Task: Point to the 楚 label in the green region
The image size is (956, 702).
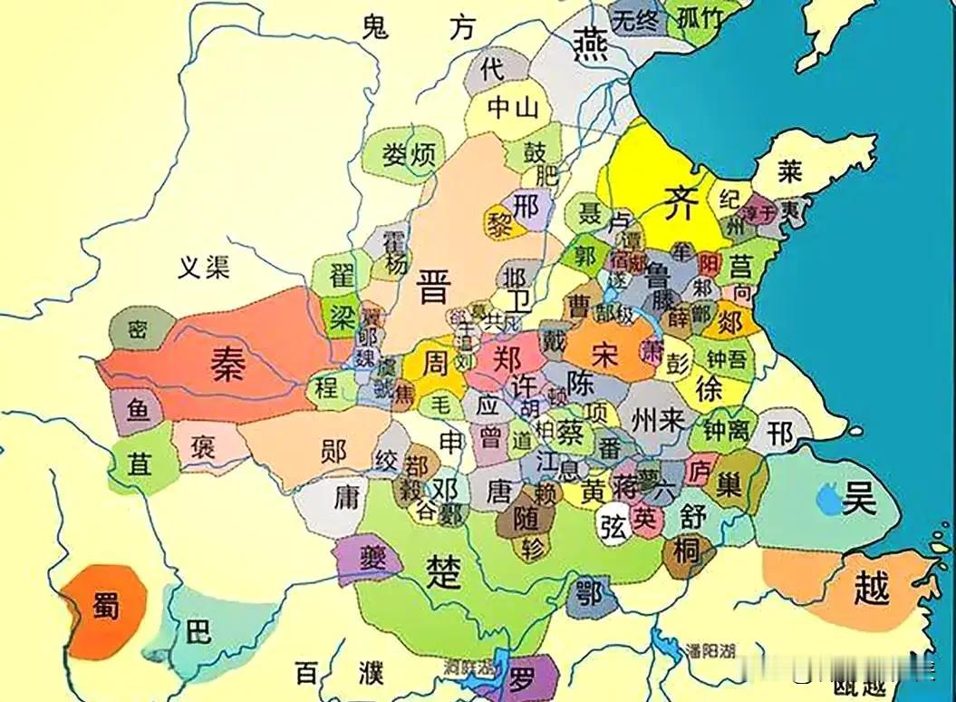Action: pyautogui.click(x=444, y=571)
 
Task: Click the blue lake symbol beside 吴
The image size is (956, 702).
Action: pyautogui.click(x=826, y=497)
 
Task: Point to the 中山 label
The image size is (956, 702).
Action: pyautogui.click(x=514, y=109)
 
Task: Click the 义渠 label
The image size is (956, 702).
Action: pyautogui.click(x=204, y=267)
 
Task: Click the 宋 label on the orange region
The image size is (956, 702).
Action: pyautogui.click(x=604, y=352)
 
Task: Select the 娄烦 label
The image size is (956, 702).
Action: pyautogui.click(x=409, y=154)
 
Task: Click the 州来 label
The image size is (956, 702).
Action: pyautogui.click(x=657, y=420)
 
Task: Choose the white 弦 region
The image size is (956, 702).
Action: pyautogui.click(x=613, y=528)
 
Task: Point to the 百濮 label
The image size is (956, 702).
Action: pyautogui.click(x=340, y=674)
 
